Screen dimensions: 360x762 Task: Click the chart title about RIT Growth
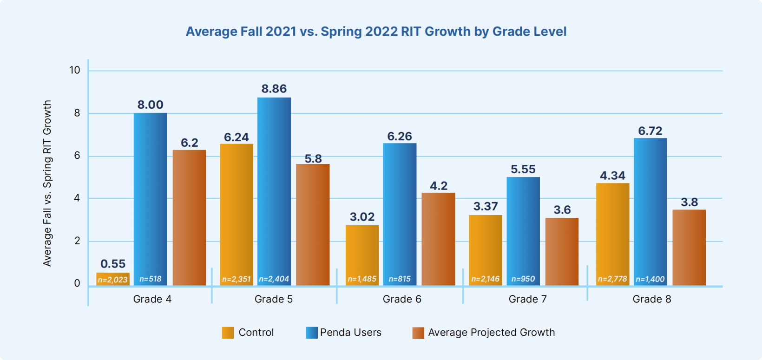tap(376, 32)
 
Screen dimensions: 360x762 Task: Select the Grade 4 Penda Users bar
tap(150, 195)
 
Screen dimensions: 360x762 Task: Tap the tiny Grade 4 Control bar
tap(113, 279)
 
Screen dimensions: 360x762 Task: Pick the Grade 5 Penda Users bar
tap(274, 186)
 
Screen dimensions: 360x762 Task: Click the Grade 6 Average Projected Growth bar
tap(438, 239)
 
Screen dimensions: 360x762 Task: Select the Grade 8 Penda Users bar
tap(650, 209)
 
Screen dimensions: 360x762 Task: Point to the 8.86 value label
tap(274, 89)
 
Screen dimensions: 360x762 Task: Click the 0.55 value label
tap(113, 264)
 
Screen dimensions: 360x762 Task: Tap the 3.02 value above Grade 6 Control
tap(362, 217)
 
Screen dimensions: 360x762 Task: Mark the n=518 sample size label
tap(150, 279)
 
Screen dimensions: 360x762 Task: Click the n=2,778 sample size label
tap(612, 279)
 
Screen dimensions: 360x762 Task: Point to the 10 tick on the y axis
tap(75, 70)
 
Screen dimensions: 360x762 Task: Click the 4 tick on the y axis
tap(77, 198)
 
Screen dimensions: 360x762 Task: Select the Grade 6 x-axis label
tap(402, 299)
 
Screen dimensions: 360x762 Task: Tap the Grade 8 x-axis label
tap(652, 299)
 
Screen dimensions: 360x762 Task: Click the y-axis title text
tap(47, 183)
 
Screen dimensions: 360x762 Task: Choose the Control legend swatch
tap(228, 333)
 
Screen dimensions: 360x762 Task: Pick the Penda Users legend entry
tap(350, 333)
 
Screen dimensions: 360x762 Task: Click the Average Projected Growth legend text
tap(491, 333)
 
